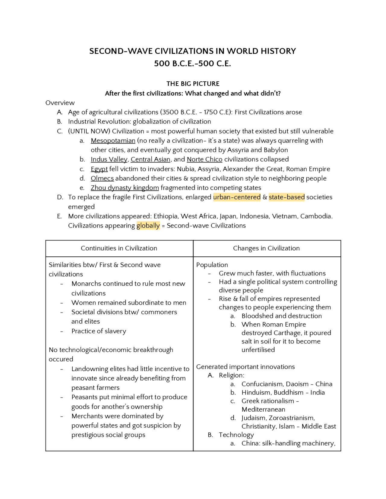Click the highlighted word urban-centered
click(x=237, y=197)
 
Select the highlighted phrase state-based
click(x=286, y=197)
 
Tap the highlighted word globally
click(x=148, y=225)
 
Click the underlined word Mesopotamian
click(x=113, y=140)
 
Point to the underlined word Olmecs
click(x=102, y=178)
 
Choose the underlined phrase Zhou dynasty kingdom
click(x=125, y=188)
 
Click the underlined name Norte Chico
click(x=204, y=159)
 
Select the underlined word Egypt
click(x=99, y=169)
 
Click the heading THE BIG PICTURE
click(x=193, y=83)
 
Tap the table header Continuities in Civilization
click(x=119, y=248)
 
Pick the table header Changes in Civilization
click(x=266, y=248)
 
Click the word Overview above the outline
click(x=60, y=103)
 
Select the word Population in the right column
click(x=212, y=265)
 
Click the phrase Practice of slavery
click(x=99, y=331)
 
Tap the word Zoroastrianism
click(x=292, y=418)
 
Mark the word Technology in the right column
click(x=236, y=435)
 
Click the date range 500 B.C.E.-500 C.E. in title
click(x=192, y=64)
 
